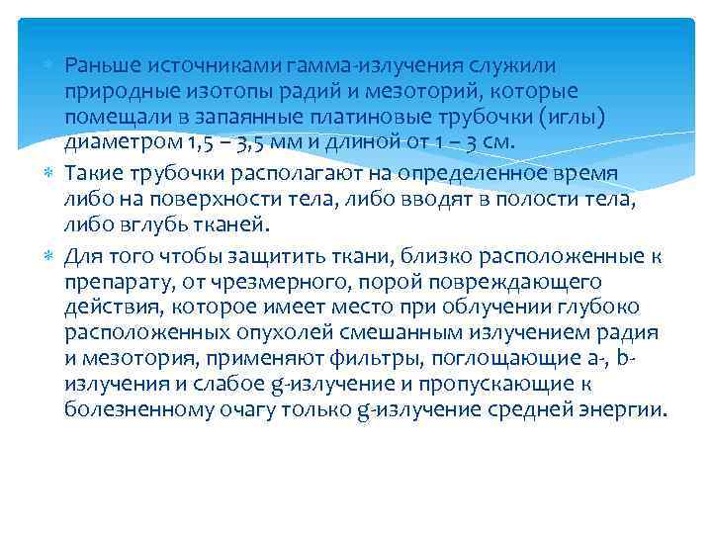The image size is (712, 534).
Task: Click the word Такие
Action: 92,170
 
